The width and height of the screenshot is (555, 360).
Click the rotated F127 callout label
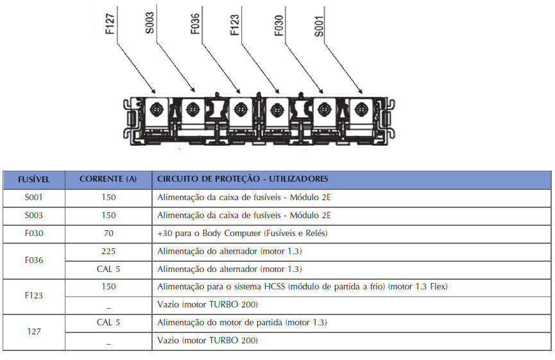click(110, 24)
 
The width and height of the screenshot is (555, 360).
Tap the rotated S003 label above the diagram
click(149, 23)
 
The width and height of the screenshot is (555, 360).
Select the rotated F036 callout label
click(195, 24)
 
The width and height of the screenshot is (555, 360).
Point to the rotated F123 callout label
click(235, 25)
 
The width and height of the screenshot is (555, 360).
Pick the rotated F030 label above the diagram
click(279, 26)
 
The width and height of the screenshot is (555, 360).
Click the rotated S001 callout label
click(318, 26)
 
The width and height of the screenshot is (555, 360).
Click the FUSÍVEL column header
click(33, 180)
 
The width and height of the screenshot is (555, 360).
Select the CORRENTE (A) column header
click(108, 179)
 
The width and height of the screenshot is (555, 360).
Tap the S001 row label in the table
click(33, 198)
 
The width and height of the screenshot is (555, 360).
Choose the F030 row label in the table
click(34, 234)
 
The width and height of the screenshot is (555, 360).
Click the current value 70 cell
click(108, 234)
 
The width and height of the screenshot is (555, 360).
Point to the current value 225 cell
click(108, 252)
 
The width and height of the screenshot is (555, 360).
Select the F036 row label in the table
click(34, 260)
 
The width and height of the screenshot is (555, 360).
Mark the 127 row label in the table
click(34, 332)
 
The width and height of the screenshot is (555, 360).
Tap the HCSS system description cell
click(302, 287)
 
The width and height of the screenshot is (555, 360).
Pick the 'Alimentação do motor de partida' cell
click(242, 323)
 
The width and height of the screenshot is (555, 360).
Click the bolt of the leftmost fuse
click(156, 109)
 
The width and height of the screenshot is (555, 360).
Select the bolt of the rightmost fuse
click(361, 109)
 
